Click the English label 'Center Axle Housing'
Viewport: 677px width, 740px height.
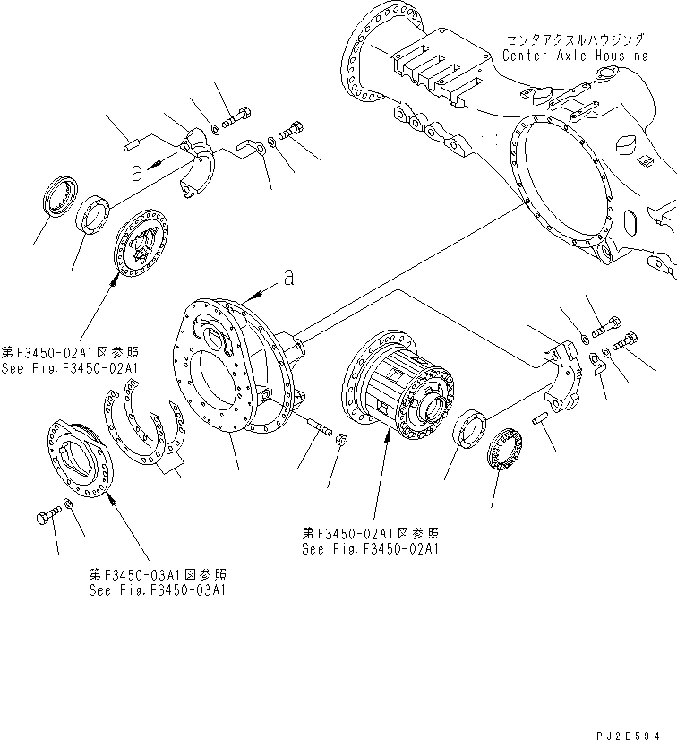coord(574,56)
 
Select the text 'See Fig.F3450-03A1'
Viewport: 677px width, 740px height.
coord(157,590)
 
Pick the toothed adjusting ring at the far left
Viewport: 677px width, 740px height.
coord(59,197)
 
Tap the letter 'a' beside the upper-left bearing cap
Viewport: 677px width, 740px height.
coord(136,175)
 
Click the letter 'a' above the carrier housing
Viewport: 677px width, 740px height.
coord(287,279)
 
